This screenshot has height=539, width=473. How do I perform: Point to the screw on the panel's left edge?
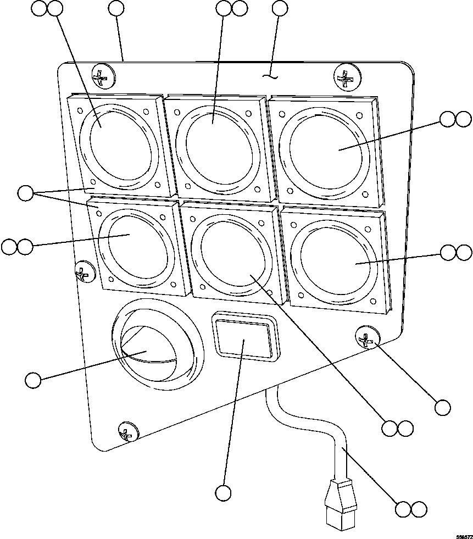click(x=84, y=271)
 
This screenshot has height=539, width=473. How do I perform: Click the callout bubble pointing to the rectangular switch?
click(x=223, y=493)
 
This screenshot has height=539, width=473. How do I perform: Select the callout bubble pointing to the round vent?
click(x=33, y=380)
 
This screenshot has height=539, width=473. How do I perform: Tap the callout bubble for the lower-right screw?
click(x=442, y=407)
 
